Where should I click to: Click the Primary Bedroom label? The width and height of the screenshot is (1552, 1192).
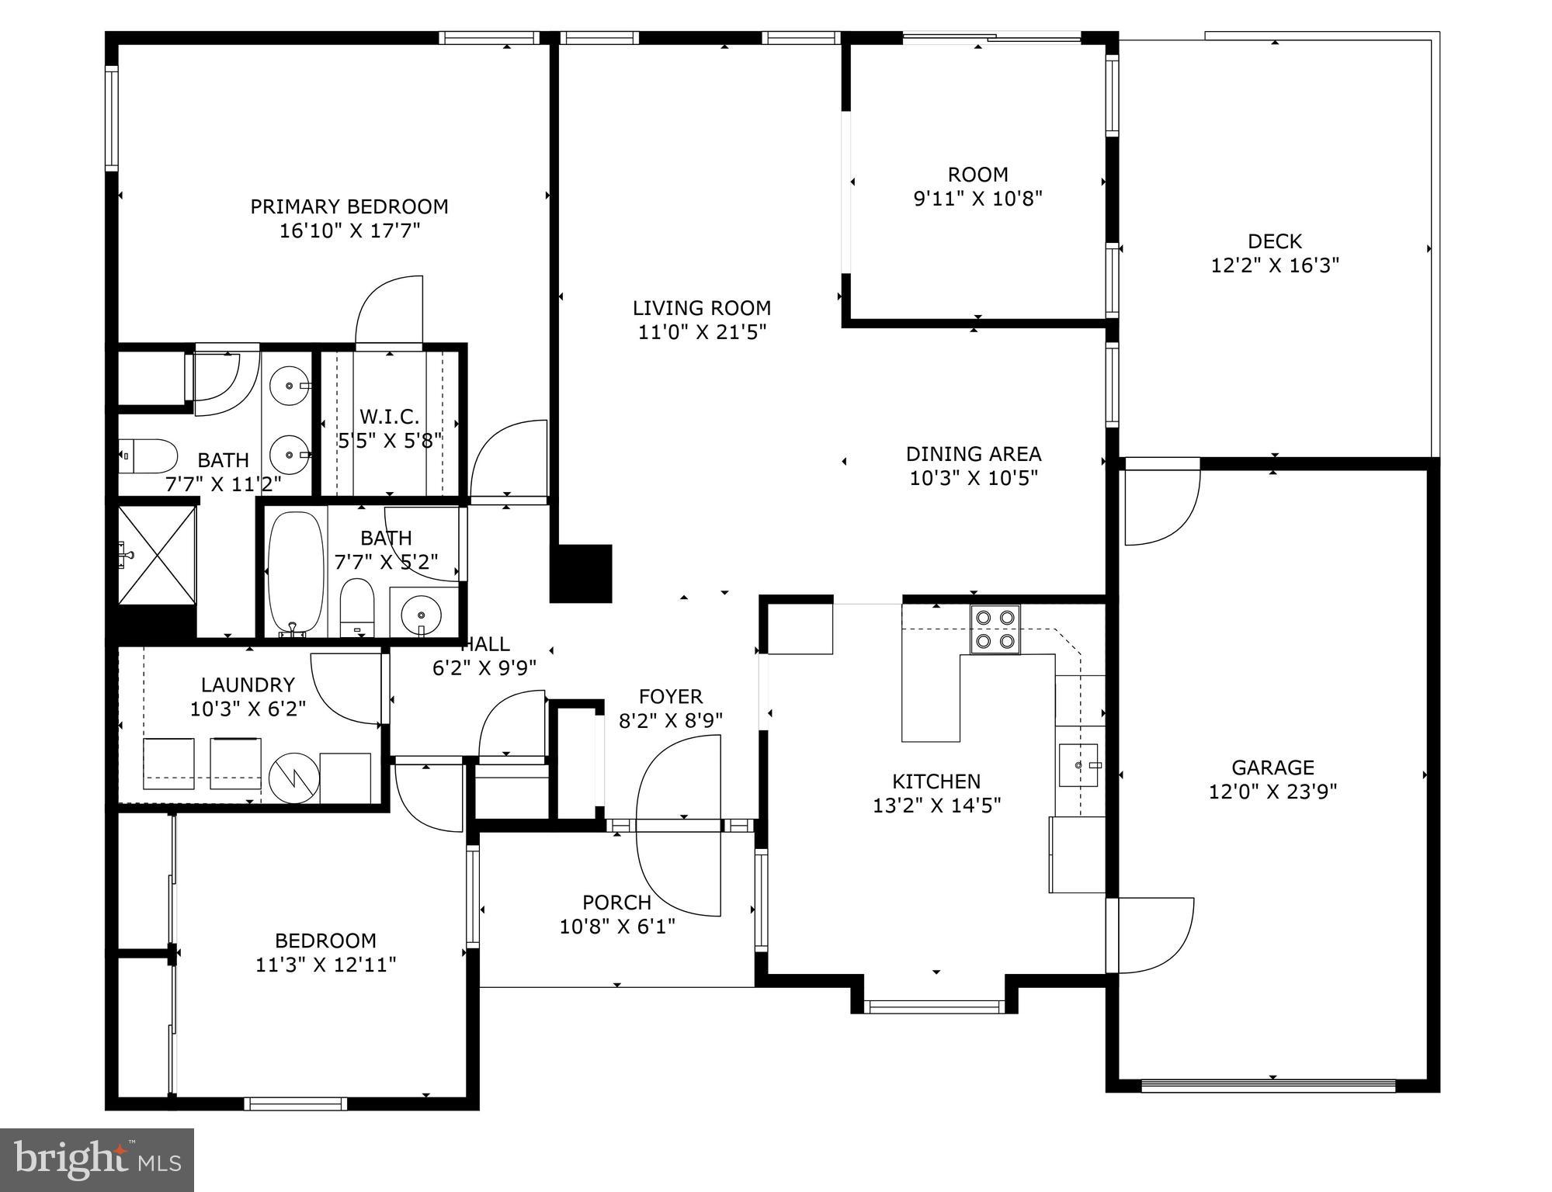[x=349, y=206]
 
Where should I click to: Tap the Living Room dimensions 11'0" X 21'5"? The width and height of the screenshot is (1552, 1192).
[x=702, y=332]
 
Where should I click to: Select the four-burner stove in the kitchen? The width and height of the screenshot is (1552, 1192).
[x=995, y=629]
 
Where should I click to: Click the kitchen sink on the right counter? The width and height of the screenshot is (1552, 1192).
[x=1079, y=765]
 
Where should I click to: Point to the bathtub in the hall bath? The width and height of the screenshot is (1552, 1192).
[x=295, y=572]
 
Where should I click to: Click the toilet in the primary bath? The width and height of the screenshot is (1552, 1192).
[x=149, y=456]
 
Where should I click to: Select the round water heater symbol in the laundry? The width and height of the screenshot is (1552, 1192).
[x=294, y=777]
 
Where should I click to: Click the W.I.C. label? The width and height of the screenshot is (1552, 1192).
[x=389, y=417]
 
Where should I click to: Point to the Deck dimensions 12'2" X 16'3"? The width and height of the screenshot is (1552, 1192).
[x=1275, y=265]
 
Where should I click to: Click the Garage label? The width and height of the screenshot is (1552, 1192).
[x=1273, y=768]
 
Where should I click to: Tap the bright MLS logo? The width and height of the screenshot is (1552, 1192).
[x=97, y=1159]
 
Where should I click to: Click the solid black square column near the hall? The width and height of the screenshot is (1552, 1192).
[x=581, y=573]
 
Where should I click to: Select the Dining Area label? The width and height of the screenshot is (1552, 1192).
[x=974, y=453]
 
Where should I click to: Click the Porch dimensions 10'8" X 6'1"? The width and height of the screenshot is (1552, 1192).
[x=617, y=926]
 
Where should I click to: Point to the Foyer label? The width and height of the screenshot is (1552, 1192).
[x=670, y=696]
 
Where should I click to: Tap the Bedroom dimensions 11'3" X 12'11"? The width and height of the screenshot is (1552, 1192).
[x=325, y=965]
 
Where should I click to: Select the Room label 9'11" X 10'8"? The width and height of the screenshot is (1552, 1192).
[x=977, y=175]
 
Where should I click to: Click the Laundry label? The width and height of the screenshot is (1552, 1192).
[x=248, y=684]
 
